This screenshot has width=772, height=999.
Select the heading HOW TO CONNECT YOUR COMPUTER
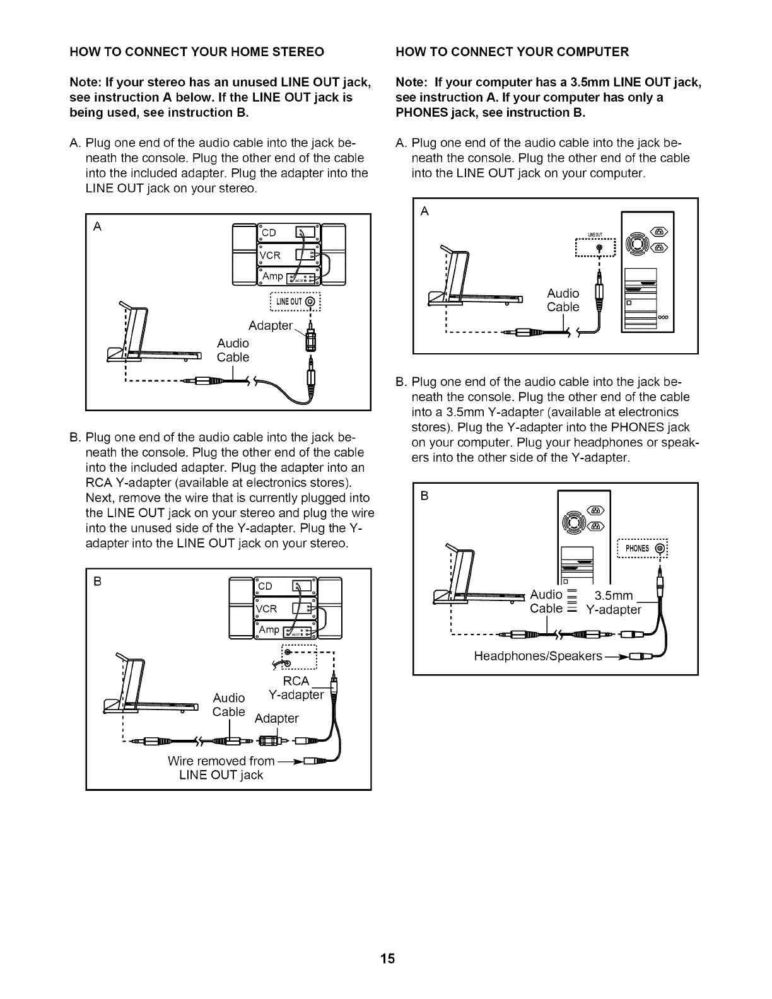tap(512, 52)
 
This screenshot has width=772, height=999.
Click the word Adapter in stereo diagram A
tap(271, 326)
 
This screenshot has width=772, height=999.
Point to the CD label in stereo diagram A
tap(269, 232)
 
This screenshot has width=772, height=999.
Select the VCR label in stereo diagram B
tap(267, 609)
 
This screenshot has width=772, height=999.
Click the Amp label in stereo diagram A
tap(273, 276)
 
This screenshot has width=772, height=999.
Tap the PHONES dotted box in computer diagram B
tap(641, 548)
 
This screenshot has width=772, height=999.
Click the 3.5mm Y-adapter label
tap(613, 603)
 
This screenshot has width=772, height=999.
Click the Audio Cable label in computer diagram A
tap(563, 300)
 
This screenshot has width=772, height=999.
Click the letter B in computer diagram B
tap(424, 496)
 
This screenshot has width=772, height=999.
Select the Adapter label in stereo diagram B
tap(276, 718)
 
